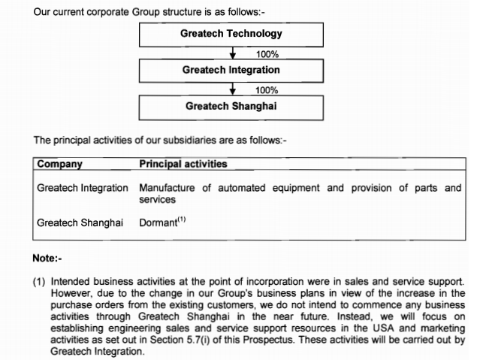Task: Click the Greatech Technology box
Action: coord(231,34)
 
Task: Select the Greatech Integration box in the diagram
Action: coord(231,70)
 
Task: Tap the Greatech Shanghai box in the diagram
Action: coord(231,106)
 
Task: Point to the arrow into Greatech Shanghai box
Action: coord(233,89)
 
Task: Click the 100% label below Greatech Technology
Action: coord(267,54)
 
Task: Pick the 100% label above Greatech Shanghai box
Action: coord(267,90)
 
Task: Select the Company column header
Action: coord(60,164)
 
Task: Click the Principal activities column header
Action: coord(183,164)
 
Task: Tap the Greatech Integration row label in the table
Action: coord(83,188)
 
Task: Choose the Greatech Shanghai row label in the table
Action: coord(80,222)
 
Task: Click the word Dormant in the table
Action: coord(157,223)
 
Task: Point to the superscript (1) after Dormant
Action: coord(180,220)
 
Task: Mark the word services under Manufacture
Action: coord(157,199)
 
